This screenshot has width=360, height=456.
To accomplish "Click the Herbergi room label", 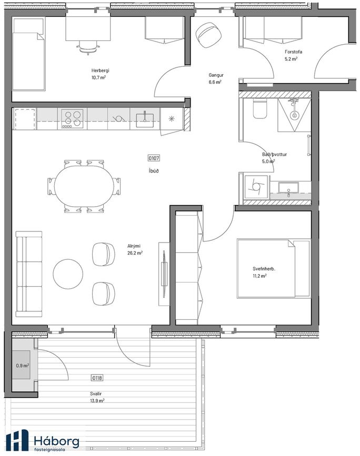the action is coord(100,70).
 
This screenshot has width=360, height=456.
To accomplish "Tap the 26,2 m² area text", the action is coord(135,253).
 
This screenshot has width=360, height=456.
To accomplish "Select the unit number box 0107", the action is coord(154,158).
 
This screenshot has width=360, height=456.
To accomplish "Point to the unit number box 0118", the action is coord(97,378).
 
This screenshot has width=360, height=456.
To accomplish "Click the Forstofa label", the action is coord(293,52).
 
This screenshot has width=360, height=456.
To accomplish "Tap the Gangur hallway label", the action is coord(216,75).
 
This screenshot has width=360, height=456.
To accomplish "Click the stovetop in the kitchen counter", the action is coord(72,118).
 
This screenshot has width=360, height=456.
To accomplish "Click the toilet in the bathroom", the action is coord(260,109).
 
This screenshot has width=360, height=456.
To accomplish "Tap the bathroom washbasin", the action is coord(288,188).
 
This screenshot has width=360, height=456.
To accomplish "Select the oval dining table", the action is coord(84,186).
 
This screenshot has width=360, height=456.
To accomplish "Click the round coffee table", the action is coord(68,274).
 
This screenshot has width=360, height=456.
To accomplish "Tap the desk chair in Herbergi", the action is coord(87,47).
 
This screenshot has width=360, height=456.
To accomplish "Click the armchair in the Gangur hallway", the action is coord(208,35).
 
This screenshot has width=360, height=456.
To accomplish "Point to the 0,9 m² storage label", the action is coord(23,365).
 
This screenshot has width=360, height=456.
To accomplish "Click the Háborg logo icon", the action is coord(17,440).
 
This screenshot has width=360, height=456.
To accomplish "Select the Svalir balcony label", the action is coord(96,394).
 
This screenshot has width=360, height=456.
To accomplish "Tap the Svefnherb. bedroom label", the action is coord(260,269).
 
